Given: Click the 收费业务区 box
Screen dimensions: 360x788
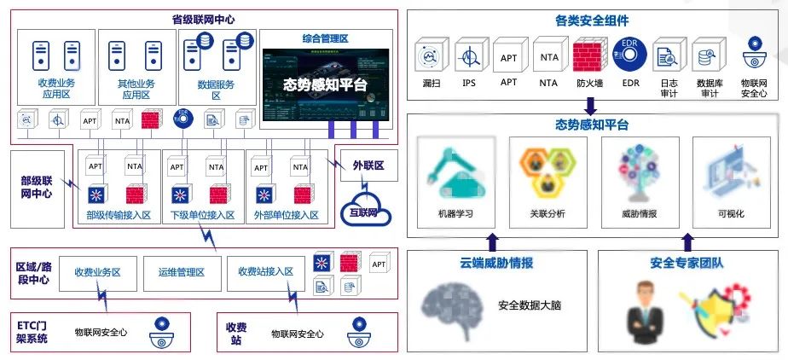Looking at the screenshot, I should [x=97, y=273].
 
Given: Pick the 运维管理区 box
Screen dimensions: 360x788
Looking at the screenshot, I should [x=181, y=273].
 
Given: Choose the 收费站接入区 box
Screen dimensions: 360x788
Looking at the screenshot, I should [x=265, y=273].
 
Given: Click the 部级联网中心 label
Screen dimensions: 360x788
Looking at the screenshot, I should [x=37, y=187].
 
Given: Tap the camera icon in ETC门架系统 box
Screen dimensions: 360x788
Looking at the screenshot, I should [x=162, y=332].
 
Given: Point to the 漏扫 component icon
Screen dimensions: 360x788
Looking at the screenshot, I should [x=430, y=58].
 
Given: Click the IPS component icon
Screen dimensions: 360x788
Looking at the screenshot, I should [x=469, y=58].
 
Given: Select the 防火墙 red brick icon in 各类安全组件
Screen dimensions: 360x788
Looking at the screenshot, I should [x=589, y=57].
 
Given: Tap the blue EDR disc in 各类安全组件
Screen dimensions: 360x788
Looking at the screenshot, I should [x=630, y=57].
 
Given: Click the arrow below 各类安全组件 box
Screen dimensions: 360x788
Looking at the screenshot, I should [x=589, y=106].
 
